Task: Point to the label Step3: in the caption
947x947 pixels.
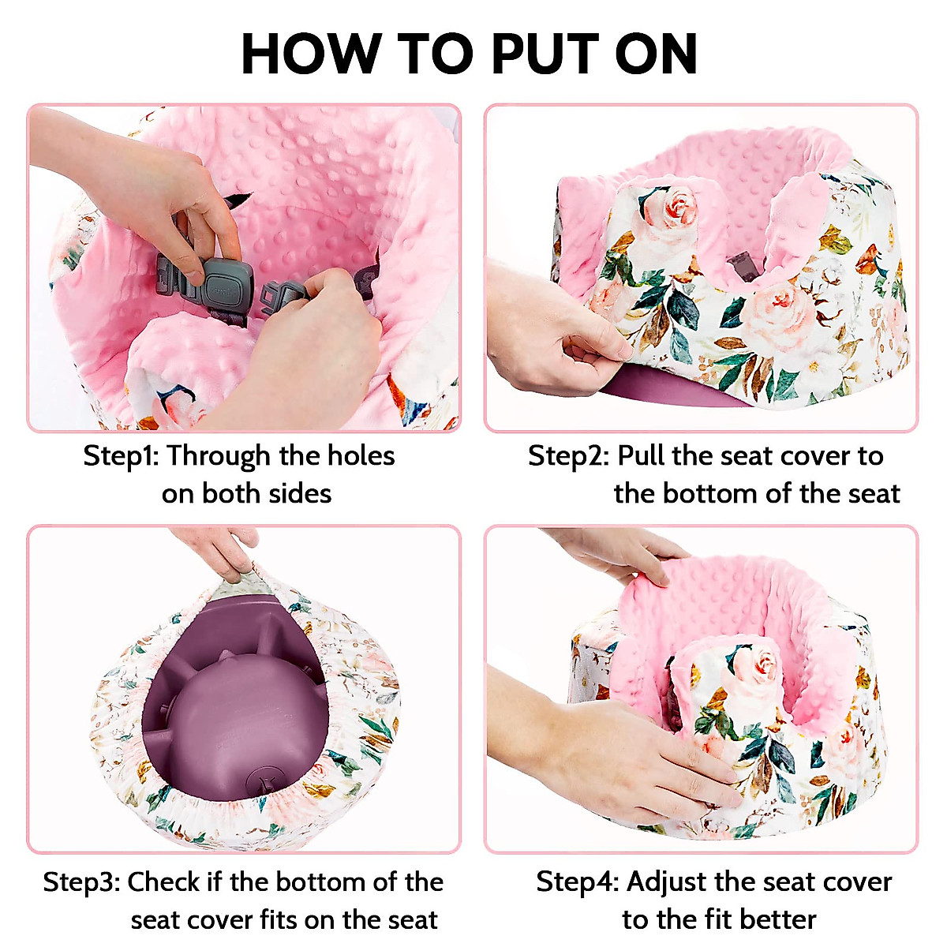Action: click(x=81, y=881)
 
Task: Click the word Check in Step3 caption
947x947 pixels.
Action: click(x=163, y=881)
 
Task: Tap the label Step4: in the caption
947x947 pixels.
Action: click(x=577, y=881)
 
